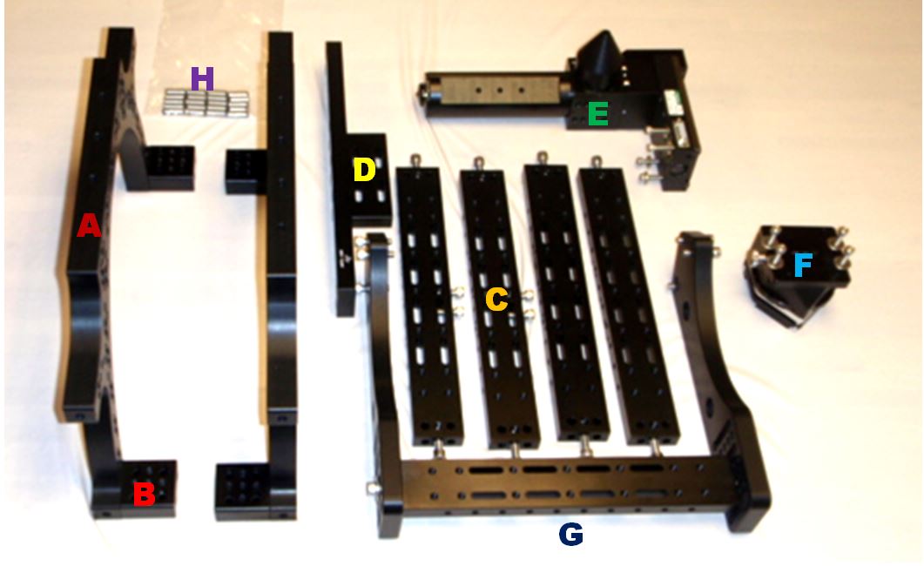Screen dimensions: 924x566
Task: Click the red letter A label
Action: (x=88, y=226)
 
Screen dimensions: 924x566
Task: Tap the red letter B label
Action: (x=144, y=494)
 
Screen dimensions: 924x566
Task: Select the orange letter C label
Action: (x=496, y=300)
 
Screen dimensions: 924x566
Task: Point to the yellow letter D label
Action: (x=363, y=170)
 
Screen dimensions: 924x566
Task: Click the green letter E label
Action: (x=597, y=113)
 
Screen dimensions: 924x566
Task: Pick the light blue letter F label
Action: (x=803, y=265)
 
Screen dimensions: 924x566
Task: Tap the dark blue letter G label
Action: (x=570, y=534)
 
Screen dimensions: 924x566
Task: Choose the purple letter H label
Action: (x=201, y=79)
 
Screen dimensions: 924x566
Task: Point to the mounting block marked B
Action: (x=149, y=489)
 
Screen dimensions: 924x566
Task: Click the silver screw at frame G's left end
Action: (x=371, y=488)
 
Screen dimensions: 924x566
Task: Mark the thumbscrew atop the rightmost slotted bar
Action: (x=597, y=161)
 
